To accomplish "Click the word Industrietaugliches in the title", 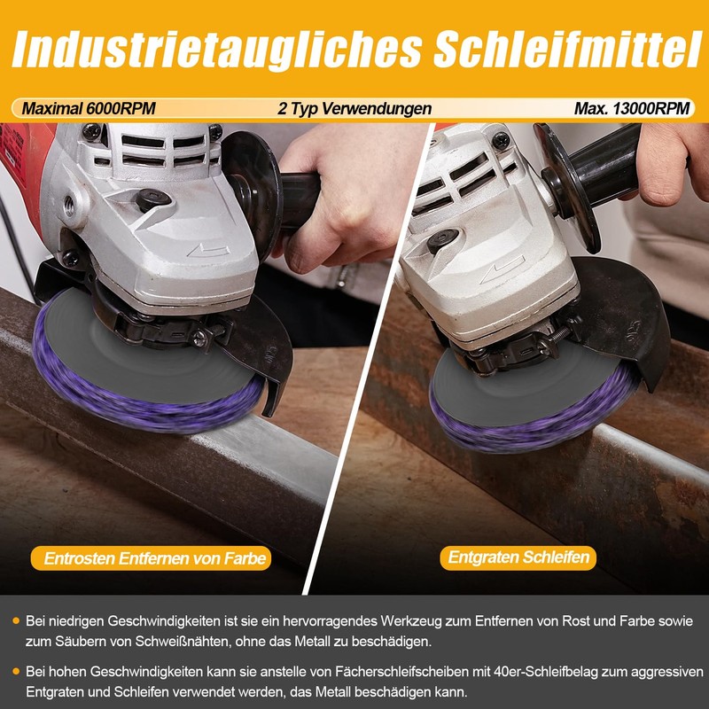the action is pyautogui.click(x=217, y=49).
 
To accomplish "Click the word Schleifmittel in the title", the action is pyautogui.click(x=568, y=48).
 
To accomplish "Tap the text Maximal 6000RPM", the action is pyautogui.click(x=89, y=108).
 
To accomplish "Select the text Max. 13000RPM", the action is pyautogui.click(x=632, y=108).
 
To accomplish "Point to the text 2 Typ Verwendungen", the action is pyautogui.click(x=354, y=108).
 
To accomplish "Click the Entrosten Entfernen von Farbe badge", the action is pyautogui.click(x=151, y=558).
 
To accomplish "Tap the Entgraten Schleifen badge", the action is pyautogui.click(x=518, y=557).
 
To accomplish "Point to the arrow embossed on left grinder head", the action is pyautogui.click(x=208, y=251).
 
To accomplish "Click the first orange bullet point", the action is pyautogui.click(x=16, y=620).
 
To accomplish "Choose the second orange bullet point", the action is pyautogui.click(x=16, y=672).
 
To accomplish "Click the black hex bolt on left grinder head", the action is pyautogui.click(x=153, y=200).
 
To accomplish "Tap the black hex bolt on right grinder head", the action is pyautogui.click(x=442, y=239).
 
